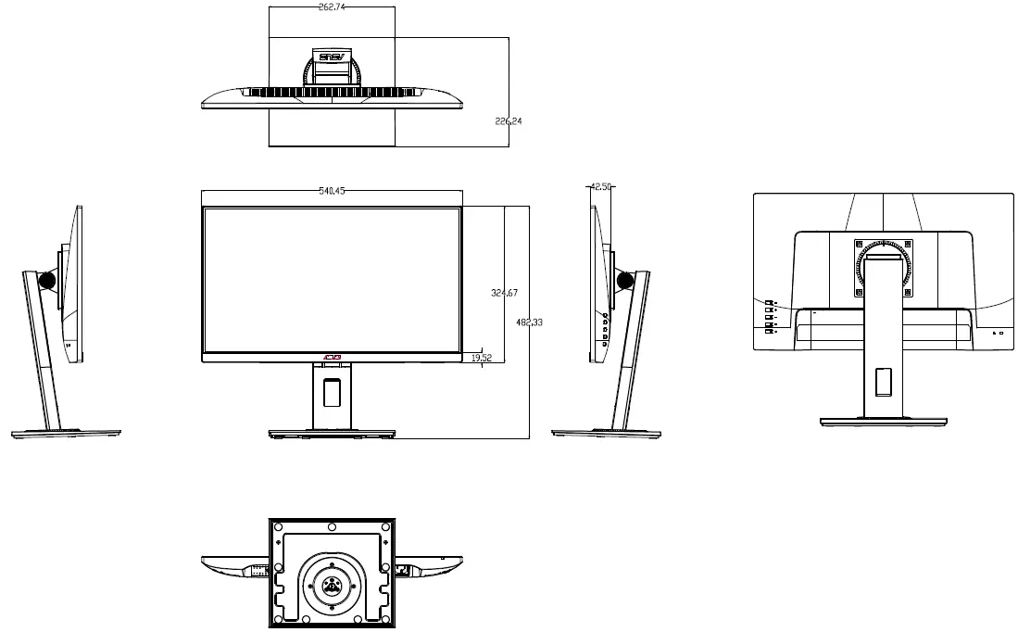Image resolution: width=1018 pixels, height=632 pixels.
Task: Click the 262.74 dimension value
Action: coord(332,6)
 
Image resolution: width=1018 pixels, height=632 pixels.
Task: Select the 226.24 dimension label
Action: coord(509,121)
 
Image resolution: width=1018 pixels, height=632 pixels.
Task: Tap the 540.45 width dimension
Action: coord(332,191)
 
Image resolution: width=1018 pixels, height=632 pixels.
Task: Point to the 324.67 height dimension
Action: coord(504,293)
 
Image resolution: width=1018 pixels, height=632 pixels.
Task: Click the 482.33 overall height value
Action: coord(529,322)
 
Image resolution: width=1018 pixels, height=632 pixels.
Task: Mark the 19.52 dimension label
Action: coord(482,357)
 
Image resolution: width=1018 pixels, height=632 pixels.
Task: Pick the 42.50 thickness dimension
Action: coord(601,186)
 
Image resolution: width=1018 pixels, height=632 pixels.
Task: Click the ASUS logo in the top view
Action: coord(332,57)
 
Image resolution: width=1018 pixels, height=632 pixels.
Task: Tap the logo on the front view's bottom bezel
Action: coord(332,358)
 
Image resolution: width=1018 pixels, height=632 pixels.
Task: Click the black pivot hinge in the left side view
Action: coord(46,278)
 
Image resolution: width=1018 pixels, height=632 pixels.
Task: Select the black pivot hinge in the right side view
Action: coord(625,278)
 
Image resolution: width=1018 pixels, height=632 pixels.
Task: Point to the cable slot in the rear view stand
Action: coord(883,381)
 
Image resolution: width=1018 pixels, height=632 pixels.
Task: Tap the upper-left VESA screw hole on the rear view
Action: coord(860,245)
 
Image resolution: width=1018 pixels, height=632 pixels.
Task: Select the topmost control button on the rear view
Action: coord(769,302)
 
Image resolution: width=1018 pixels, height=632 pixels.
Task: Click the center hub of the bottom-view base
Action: coord(332,582)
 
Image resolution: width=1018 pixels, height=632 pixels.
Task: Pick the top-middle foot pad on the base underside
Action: coord(332,527)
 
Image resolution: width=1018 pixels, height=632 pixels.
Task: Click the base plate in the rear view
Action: coord(883,422)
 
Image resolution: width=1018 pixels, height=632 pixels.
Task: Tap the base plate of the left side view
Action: coord(67,433)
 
